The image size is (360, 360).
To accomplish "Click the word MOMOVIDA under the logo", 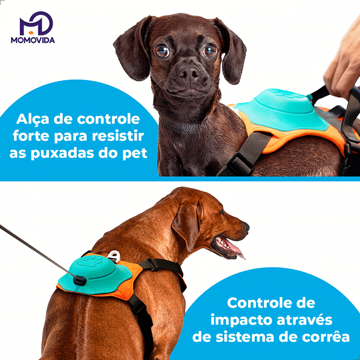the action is coord(33,40).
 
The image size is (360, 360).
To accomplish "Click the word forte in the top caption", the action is coord(31,136).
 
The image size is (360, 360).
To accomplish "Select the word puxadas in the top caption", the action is coord(62,154).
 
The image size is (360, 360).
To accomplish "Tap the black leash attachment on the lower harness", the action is coord(80,280).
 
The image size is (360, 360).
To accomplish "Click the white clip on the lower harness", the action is coord(114,256).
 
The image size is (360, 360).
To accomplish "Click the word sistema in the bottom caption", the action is coord(245,337).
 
